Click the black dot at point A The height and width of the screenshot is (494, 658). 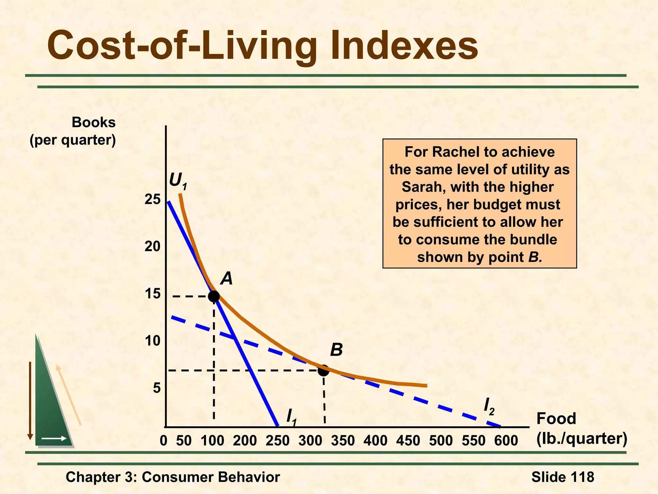point(214,296)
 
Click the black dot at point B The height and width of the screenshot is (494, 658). point(324,370)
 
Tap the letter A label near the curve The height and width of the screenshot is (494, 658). point(227,279)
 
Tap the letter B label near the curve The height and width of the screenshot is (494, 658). point(336,350)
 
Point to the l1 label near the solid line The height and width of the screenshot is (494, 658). point(291,417)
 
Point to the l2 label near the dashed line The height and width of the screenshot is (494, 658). point(489,407)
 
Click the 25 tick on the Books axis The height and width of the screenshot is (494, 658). point(152,200)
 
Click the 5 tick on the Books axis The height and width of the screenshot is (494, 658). point(156,388)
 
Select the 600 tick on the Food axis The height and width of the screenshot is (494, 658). point(506,441)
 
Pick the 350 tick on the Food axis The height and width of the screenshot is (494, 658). point(343,441)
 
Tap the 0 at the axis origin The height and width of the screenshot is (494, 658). point(164,441)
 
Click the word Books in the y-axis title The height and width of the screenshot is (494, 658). point(93,123)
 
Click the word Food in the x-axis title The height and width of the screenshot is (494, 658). point(556,419)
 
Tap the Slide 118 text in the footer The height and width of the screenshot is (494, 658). point(563,477)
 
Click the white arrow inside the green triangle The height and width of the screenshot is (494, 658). point(54,438)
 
